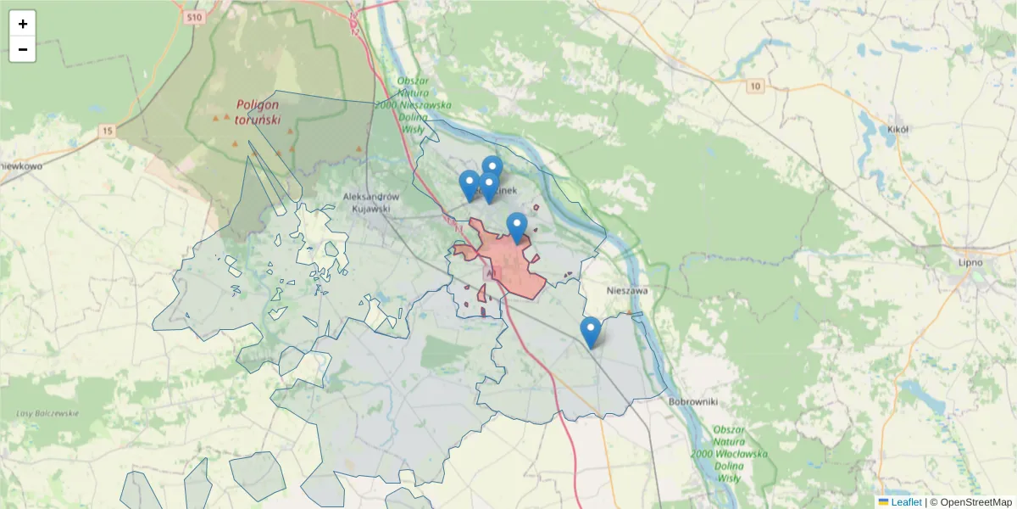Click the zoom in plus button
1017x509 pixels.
pos(23,24)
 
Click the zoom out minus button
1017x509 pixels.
pos(23,49)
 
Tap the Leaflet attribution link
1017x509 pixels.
pos(906,502)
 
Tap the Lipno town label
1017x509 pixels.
pos(969,262)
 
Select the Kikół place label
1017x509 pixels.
pos(898,130)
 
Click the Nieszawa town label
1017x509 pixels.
pos(627,290)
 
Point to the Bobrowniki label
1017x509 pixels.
pos(693,401)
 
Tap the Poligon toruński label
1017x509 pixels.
pos(258,112)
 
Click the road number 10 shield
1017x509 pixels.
pos(755,86)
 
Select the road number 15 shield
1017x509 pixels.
pos(106,131)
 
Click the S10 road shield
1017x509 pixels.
pos(196,17)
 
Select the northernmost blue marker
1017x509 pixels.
pos(492,168)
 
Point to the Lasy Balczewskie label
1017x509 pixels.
pos(47,413)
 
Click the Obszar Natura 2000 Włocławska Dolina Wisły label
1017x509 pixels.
pos(729,454)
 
